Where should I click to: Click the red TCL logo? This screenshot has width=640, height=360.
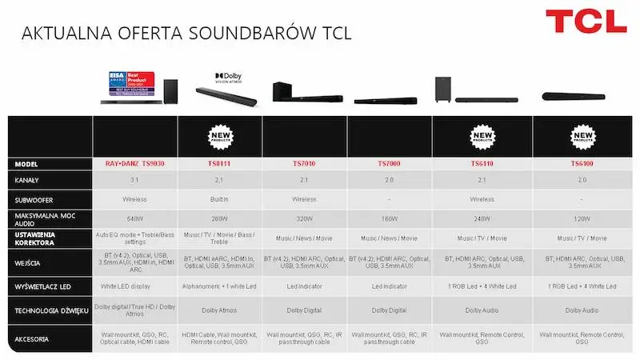pos(586,22)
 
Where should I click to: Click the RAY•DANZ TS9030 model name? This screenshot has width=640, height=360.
pos(134,164)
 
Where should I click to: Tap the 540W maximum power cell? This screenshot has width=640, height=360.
pos(134,218)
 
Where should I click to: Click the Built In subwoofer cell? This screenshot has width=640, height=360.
pos(220,199)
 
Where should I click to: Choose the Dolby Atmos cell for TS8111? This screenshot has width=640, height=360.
pos(220,310)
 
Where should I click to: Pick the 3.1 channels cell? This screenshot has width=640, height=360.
pos(134,180)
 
